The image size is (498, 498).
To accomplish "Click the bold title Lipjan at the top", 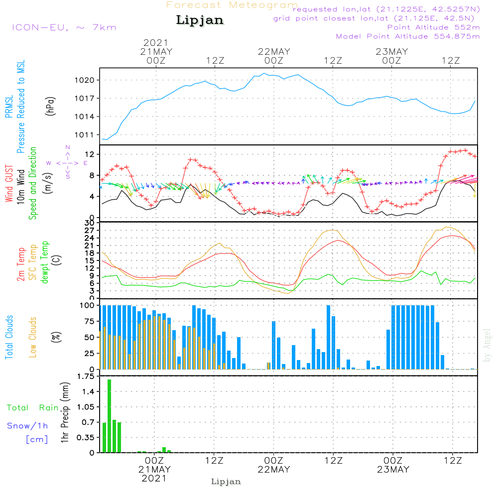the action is tap(200, 20).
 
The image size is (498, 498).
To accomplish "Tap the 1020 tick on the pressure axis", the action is tap(85, 80).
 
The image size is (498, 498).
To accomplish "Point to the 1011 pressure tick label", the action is tap(85, 135).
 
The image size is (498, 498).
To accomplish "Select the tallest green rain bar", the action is tap(109, 416).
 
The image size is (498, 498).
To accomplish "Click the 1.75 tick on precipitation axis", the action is tap(86, 376).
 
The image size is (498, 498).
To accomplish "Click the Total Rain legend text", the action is tap(33, 408).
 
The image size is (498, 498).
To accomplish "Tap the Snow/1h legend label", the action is tap(27, 426).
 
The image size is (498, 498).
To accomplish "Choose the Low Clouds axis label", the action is tap(33, 337).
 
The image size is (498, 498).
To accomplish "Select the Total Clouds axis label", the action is tap(9, 337).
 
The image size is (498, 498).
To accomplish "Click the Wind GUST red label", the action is tap(9, 184).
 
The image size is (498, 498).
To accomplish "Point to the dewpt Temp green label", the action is tap(44, 262).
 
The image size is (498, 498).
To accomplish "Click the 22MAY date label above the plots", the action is tap(274, 52).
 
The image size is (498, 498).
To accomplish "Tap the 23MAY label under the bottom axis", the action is tap(393, 470).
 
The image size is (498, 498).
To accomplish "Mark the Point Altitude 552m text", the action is tap(434, 27).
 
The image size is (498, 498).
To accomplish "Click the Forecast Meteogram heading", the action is tap(232, 5).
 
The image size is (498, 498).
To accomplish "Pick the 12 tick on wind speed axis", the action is tap(90, 154).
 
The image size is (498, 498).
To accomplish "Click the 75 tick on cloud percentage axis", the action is tap(90, 321).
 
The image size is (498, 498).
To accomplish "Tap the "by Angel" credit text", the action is tap(487, 345).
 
